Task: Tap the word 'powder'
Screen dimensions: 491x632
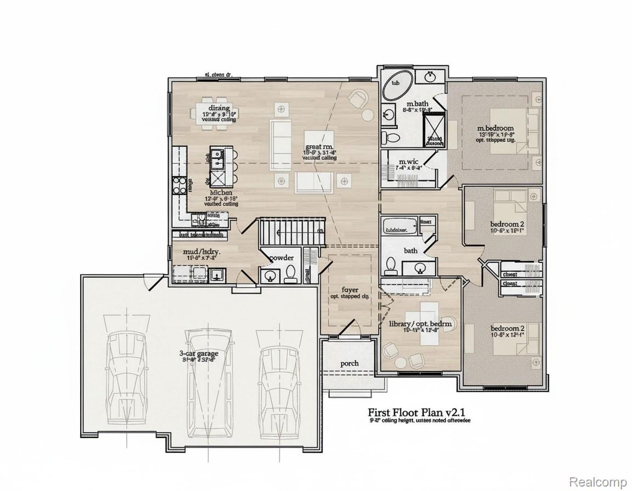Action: [x=281, y=258]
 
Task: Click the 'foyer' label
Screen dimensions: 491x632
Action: [x=350, y=289]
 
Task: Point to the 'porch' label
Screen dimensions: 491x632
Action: [x=349, y=363]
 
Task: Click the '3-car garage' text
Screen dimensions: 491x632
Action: [x=199, y=353]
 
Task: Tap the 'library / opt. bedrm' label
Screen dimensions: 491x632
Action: [x=420, y=324]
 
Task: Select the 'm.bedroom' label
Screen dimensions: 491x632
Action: [x=495, y=128]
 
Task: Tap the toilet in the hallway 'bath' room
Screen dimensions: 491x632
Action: [x=391, y=266]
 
